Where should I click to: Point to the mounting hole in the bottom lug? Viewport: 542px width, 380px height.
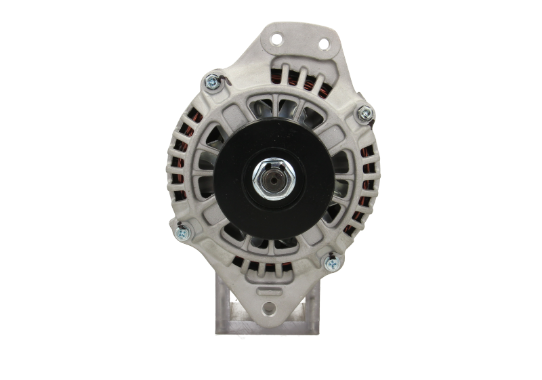pos(272,310)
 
